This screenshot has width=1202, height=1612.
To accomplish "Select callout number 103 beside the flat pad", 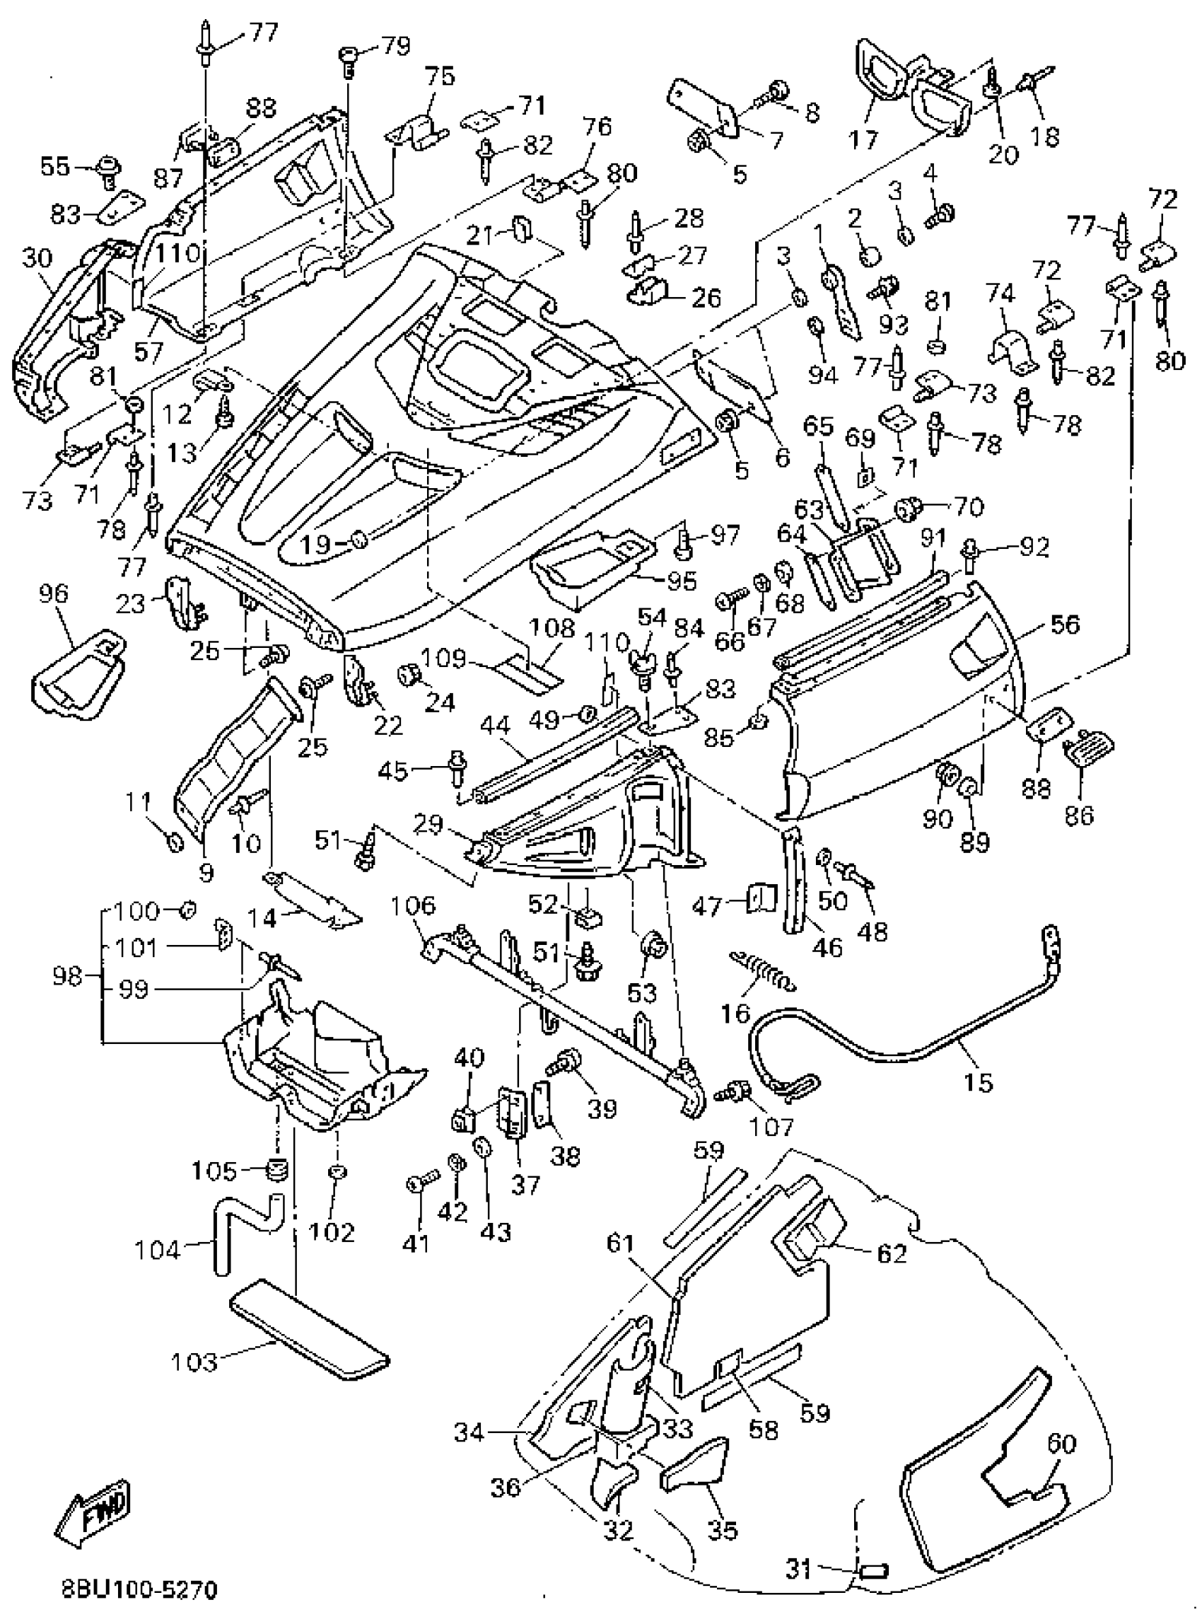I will coord(194,1362).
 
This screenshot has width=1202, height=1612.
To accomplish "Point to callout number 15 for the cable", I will coord(979,1082).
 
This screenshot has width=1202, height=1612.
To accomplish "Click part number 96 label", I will coord(54,593).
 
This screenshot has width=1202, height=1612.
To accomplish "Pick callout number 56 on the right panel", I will coord(1066,625).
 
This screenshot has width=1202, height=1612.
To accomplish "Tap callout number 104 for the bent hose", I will coord(156,1251).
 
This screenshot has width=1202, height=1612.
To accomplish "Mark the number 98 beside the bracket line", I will coord(67,976).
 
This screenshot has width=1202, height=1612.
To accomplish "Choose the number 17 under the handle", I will coord(863,137).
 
